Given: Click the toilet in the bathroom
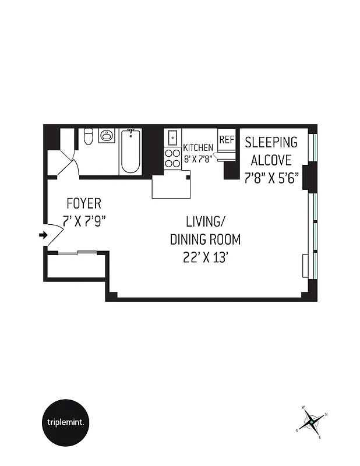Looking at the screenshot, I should (x=88, y=137).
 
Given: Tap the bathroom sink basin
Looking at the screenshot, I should (x=106, y=137).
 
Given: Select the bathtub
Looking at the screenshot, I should (x=130, y=151).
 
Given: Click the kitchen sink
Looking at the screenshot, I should (x=173, y=138).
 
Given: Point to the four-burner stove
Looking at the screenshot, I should (x=173, y=158).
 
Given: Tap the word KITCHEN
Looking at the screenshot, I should (x=198, y=148).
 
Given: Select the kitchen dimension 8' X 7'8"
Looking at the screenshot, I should (x=199, y=158).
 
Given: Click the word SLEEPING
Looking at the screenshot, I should (x=271, y=142).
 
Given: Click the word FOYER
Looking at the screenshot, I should (x=84, y=204).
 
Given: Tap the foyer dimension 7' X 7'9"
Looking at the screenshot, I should (x=84, y=221).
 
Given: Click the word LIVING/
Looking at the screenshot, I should (x=205, y=221).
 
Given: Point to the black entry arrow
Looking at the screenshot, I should (x=43, y=235).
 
